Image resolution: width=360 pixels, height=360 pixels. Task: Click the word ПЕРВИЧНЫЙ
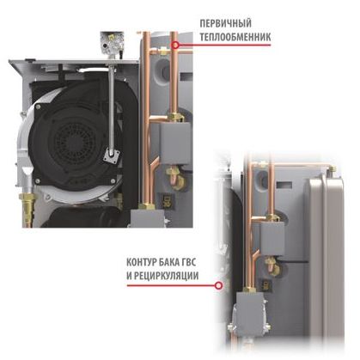point(225,23)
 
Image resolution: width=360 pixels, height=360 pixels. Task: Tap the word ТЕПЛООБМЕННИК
point(235,37)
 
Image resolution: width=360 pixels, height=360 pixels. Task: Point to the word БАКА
point(170,262)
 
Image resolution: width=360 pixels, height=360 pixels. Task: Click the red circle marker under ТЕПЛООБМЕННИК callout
point(175,45)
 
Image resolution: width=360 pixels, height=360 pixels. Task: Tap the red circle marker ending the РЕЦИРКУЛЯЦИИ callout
point(219,285)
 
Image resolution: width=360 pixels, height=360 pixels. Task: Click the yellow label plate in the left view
point(164,200)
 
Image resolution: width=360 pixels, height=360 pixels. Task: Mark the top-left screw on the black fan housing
point(38,107)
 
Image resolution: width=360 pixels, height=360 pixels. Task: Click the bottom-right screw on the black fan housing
point(113,180)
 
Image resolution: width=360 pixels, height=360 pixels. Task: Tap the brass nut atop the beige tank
point(332,169)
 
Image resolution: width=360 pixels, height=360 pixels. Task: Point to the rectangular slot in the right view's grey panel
point(285,185)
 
